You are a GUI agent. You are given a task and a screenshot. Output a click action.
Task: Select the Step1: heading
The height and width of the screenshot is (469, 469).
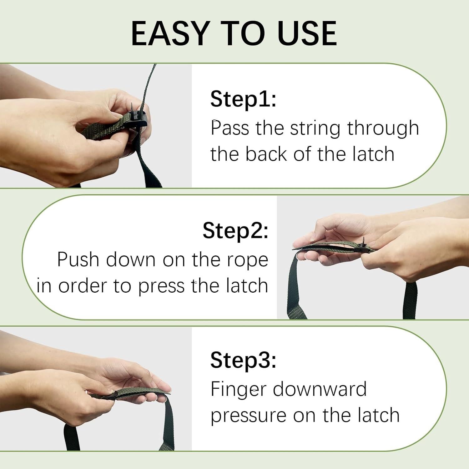(x=243, y=99)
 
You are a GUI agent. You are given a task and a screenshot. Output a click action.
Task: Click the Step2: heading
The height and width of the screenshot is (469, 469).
(x=235, y=231)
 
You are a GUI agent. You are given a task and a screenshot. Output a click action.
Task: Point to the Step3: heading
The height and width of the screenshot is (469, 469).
(x=243, y=360)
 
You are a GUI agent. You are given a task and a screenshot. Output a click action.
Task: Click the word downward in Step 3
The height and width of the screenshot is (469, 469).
(x=320, y=389)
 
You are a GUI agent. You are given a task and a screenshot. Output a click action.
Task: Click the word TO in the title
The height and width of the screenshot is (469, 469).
(x=243, y=33)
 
